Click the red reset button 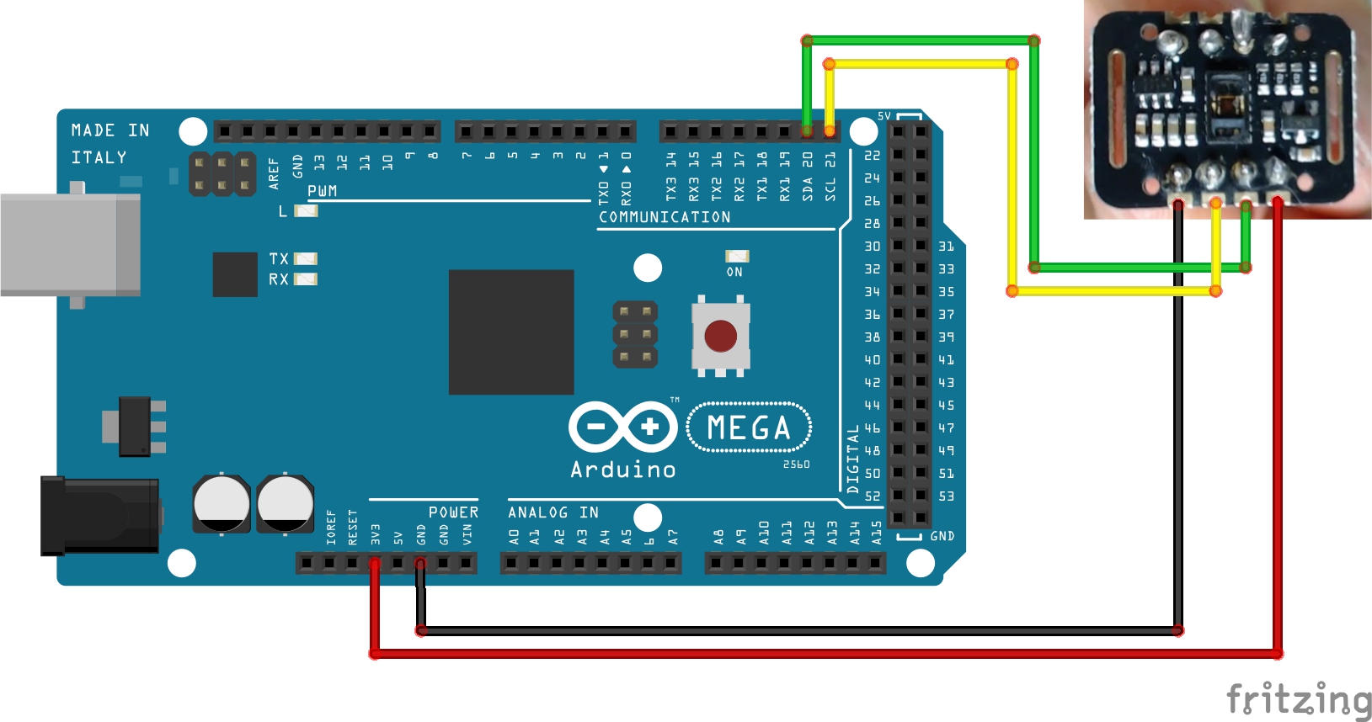720,336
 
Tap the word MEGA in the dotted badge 749,427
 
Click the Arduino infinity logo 623,427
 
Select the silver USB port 70,244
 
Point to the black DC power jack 99,515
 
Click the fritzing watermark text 1298,699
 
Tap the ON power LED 737,256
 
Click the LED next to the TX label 306,259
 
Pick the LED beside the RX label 306,279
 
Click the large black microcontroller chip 511,332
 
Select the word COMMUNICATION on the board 665,217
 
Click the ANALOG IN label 553,512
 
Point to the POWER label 453,512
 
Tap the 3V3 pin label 376,534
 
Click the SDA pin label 808,188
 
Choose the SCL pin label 830,188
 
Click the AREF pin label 274,173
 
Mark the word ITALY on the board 99,157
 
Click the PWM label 322,191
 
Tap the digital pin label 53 947,496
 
